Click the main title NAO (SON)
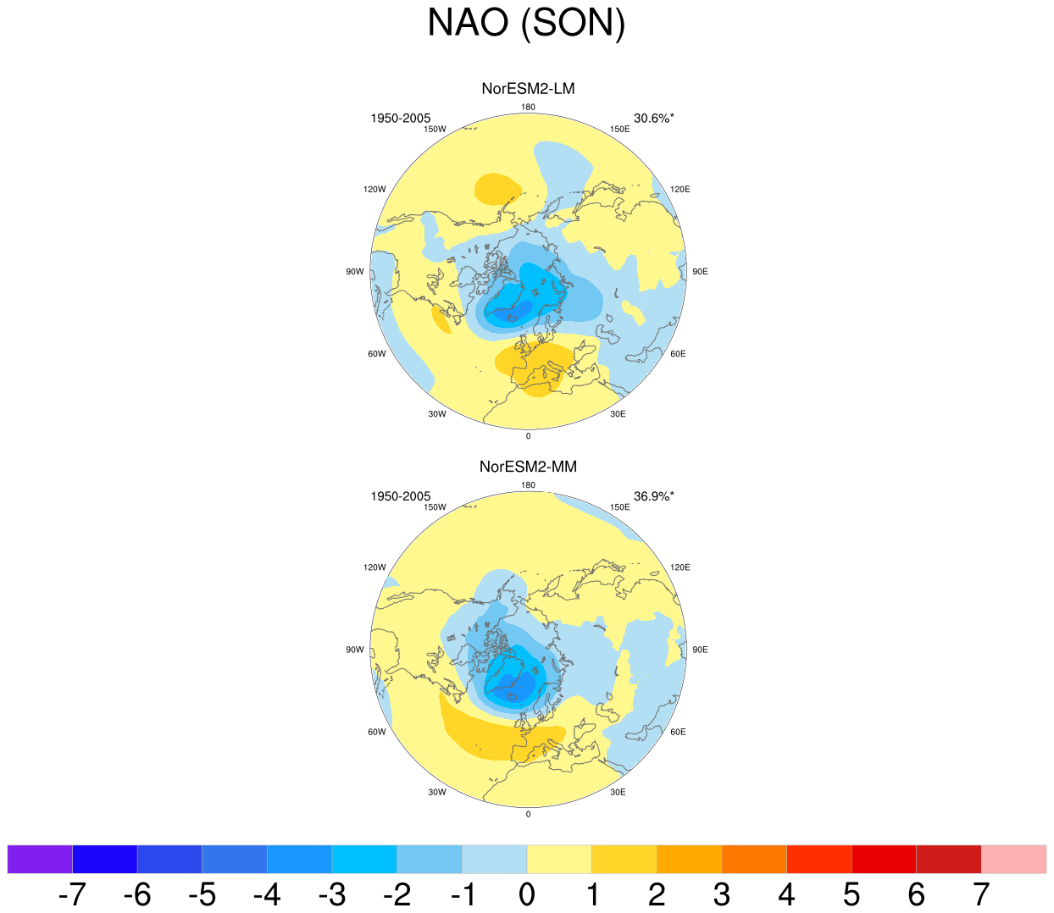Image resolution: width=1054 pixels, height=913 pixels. point(526,24)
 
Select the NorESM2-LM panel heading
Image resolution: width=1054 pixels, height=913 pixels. point(528,89)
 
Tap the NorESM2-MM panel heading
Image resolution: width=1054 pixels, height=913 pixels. point(528,467)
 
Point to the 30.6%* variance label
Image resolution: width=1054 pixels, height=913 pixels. point(654,119)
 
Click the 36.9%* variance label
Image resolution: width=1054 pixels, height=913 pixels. point(654,496)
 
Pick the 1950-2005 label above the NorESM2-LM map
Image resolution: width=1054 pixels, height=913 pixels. point(400,119)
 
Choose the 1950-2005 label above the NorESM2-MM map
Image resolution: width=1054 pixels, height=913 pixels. point(400,496)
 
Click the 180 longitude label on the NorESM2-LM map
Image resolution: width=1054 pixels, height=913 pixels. point(528,107)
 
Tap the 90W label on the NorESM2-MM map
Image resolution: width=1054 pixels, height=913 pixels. point(355,650)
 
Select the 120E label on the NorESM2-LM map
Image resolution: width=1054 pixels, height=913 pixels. point(680,190)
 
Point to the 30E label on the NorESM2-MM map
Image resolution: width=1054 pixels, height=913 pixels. point(618,792)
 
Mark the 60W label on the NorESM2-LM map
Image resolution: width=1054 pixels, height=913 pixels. point(377,354)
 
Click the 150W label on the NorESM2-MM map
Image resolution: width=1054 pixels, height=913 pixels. point(435,507)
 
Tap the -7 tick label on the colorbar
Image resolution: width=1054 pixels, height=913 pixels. point(72,894)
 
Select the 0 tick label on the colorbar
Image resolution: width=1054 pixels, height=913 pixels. point(527,894)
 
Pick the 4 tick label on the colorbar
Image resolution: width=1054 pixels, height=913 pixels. point(786,894)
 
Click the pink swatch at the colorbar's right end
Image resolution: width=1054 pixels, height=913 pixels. point(1013,859)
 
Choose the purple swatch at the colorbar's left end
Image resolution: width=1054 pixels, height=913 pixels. point(40,859)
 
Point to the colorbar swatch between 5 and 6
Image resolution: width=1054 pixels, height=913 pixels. point(885,859)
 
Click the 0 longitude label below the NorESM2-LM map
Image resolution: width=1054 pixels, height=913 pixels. point(528,436)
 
